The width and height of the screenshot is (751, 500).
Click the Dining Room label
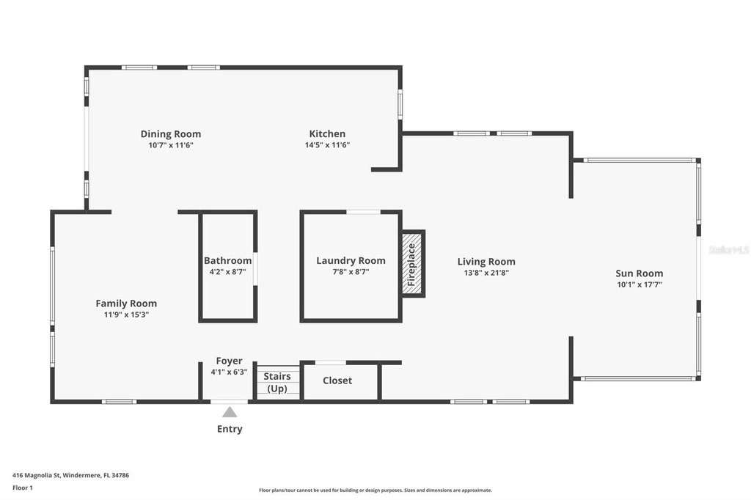coord(170,134)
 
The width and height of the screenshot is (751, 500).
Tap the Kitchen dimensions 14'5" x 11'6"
coord(328,145)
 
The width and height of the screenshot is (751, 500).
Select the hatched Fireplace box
coord(412,264)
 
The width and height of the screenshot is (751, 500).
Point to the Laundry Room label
coord(351,260)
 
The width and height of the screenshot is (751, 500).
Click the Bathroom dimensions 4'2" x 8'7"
coord(227,271)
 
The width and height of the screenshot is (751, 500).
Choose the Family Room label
coord(126,304)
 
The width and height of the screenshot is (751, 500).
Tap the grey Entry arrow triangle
coord(230,412)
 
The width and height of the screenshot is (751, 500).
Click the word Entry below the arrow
coord(230,429)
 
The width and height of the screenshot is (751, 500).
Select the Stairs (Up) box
coord(277,382)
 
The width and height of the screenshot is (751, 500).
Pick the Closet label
coord(337,380)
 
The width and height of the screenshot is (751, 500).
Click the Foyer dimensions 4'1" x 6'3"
coord(229,372)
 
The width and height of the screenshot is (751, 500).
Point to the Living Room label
coord(486,262)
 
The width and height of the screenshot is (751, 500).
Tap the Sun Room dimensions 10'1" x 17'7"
coord(640,284)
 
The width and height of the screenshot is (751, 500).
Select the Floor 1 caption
coord(23,488)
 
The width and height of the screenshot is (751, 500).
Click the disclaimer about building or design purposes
coord(375,490)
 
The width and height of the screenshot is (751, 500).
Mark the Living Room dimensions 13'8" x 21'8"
coord(486,273)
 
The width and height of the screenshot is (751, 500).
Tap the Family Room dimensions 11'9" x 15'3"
coord(126,315)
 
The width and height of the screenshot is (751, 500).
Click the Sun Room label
coord(640,273)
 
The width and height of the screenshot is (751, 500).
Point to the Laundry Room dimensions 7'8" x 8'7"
coord(351,272)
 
